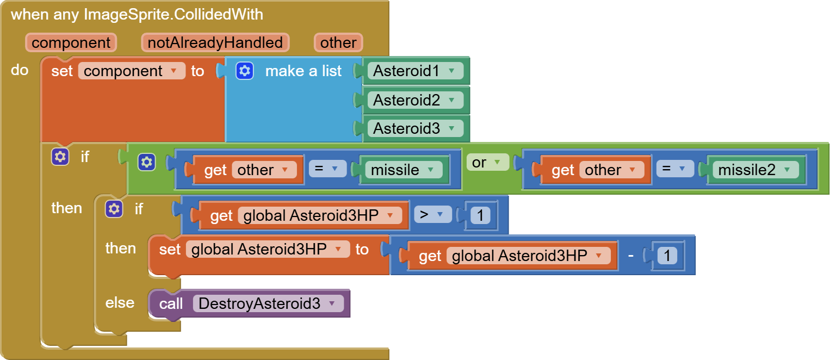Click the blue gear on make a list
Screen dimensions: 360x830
pyautogui.click(x=245, y=71)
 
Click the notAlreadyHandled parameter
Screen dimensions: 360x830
pyautogui.click(x=215, y=42)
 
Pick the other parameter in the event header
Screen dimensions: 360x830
pyautogui.click(x=338, y=42)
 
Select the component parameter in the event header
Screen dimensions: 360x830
pyautogui.click(x=71, y=42)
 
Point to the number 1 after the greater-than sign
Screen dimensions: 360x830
pyautogui.click(x=479, y=216)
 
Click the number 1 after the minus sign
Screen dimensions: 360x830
pyautogui.click(x=667, y=256)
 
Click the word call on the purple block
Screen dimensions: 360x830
pyautogui.click(x=171, y=303)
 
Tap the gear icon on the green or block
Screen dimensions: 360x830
pyautogui.click(x=146, y=162)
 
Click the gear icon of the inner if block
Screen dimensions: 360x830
pyautogui.click(x=114, y=209)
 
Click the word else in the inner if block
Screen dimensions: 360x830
pyautogui.click(x=120, y=302)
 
